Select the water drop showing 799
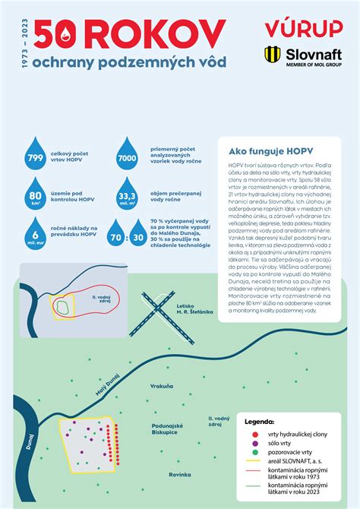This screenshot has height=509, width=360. point(35,156)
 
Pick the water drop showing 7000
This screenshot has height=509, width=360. point(126,156)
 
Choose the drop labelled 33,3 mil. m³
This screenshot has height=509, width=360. point(126,197)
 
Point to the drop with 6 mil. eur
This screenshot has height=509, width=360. point(35,232)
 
